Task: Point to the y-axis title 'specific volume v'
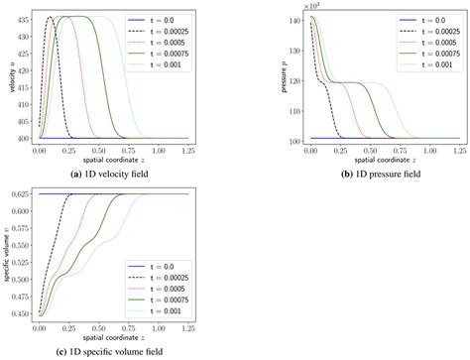[5, 255]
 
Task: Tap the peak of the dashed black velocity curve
[50, 17]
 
